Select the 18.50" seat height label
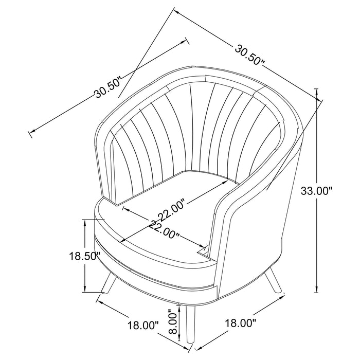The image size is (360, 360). [84, 256]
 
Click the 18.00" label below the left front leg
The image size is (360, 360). [142, 325]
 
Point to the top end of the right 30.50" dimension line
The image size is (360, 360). [174, 10]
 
